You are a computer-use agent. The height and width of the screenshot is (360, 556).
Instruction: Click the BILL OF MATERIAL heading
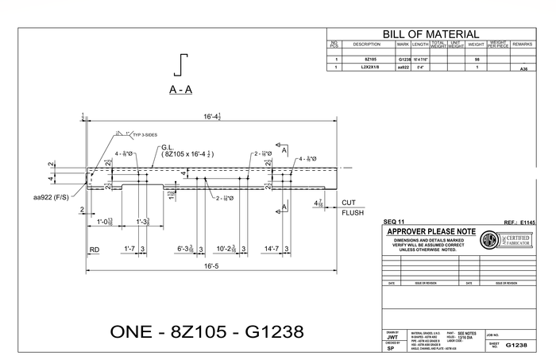click(x=431, y=34)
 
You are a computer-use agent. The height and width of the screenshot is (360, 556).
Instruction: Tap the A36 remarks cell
click(x=523, y=70)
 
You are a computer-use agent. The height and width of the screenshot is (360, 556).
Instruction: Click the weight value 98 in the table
click(x=477, y=60)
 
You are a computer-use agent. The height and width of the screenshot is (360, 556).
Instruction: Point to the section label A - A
click(x=180, y=90)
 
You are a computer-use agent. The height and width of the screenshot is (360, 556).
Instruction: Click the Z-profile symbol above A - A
click(x=184, y=64)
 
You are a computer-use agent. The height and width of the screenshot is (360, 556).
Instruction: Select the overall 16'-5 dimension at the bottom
click(x=210, y=266)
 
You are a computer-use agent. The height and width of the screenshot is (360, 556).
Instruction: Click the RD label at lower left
click(x=94, y=250)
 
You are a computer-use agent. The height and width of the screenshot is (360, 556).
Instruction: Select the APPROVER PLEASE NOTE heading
click(x=431, y=231)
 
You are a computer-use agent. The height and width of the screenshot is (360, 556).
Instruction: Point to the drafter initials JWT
click(x=392, y=338)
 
